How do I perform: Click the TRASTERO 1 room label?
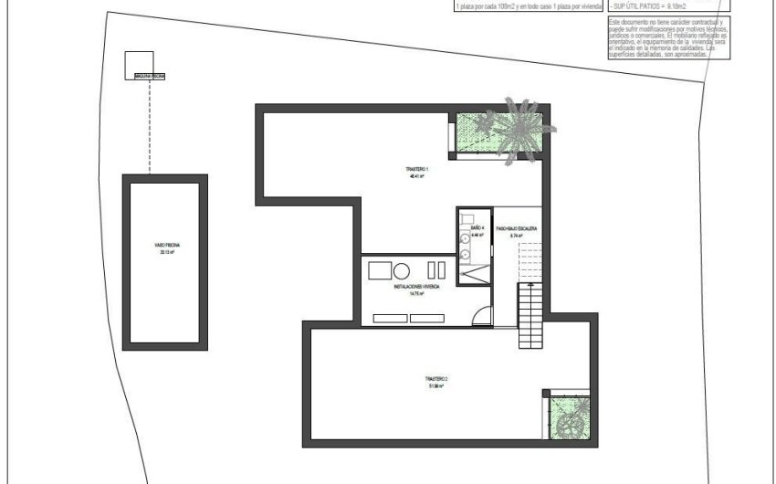pos(416,170)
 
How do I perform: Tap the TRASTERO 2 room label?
pos(435,378)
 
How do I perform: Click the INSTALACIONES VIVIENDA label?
pos(416,286)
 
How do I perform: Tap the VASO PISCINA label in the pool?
pos(166,247)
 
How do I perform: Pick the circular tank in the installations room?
pos(402,269)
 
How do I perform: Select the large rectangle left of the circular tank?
pos(379,269)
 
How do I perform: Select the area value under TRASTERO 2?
pos(435,386)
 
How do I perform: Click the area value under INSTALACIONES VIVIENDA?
pos(416,294)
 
